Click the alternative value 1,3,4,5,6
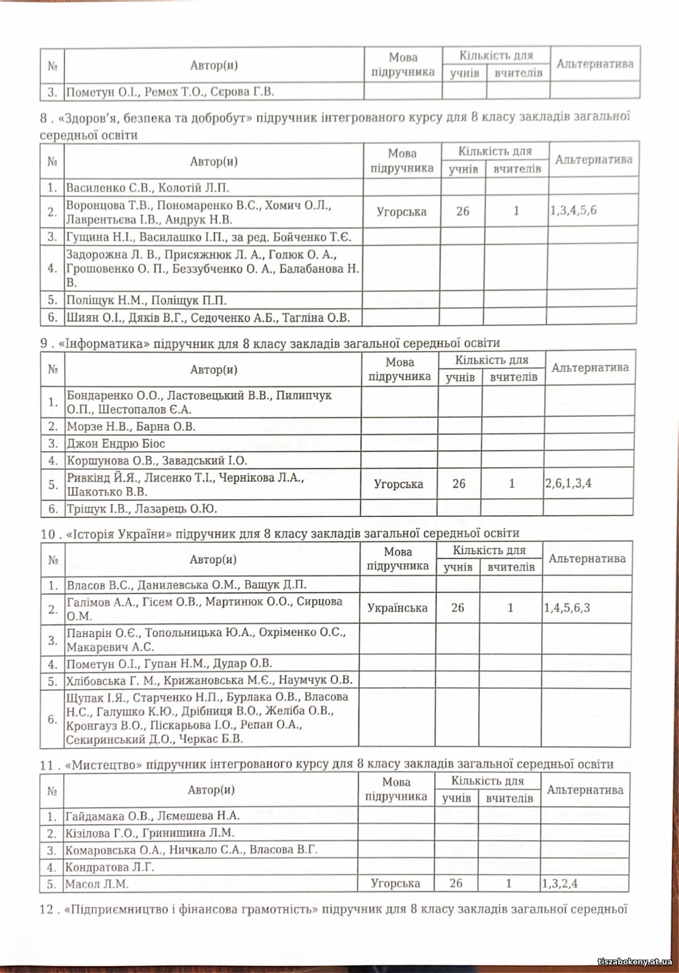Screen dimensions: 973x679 (x=573, y=210)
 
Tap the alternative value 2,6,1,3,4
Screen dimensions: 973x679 (x=568, y=483)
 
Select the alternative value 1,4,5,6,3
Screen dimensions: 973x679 (x=567, y=608)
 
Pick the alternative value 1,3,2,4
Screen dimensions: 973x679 (x=559, y=883)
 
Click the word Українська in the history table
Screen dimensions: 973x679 (x=397, y=608)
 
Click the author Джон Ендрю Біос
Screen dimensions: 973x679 (x=115, y=443)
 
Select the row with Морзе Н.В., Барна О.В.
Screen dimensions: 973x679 (x=131, y=426)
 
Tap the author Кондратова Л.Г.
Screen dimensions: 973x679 (x=109, y=867)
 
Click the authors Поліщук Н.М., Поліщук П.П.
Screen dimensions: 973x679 (x=146, y=300)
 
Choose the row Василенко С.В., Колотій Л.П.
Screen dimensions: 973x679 (x=147, y=187)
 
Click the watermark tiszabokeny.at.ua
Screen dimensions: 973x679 (x=635, y=961)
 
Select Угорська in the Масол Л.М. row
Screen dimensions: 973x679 (x=395, y=883)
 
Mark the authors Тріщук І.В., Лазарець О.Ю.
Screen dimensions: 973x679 (x=142, y=508)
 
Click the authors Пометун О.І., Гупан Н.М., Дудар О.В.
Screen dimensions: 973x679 (x=169, y=663)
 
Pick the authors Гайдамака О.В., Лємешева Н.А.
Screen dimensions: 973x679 (x=152, y=815)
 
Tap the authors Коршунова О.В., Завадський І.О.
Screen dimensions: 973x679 (x=157, y=460)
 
